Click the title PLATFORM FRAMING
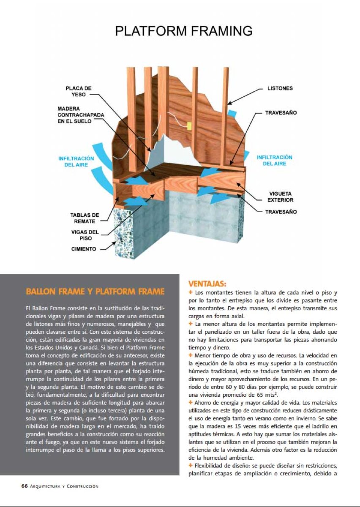pyautogui.click(x=184, y=31)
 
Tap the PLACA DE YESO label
pyautogui.click(x=79, y=92)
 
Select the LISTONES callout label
pyautogui.click(x=280, y=89)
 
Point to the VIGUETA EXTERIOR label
pyautogui.click(x=281, y=197)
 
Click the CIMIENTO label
pyautogui.click(x=84, y=249)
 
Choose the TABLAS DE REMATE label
pyautogui.click(x=85, y=218)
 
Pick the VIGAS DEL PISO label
pyautogui.click(x=85, y=235)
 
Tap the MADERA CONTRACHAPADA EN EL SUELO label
pyautogui.click(x=81, y=115)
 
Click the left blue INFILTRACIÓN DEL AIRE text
pyautogui.click(x=76, y=161)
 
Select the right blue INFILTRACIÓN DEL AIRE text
pyautogui.click(x=275, y=160)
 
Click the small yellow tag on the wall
pyautogui.click(x=190, y=126)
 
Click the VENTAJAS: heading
pyautogui.click(x=207, y=283)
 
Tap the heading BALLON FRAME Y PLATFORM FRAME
pyautogui.click(x=95, y=292)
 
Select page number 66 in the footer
pyautogui.click(x=25, y=486)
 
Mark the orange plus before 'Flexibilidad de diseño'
pyautogui.click(x=191, y=466)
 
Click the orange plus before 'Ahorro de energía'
pyautogui.click(x=191, y=402)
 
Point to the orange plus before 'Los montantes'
pyautogui.click(x=191, y=292)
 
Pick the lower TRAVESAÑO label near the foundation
pyautogui.click(x=281, y=212)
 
